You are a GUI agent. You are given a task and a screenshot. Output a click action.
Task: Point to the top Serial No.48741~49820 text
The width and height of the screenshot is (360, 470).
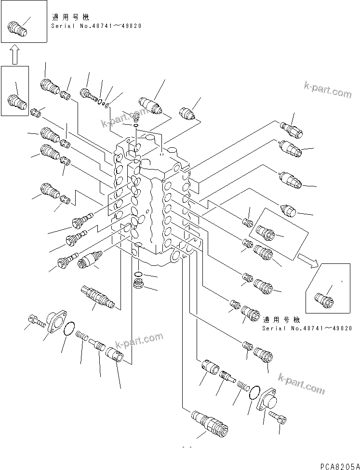click(96, 26)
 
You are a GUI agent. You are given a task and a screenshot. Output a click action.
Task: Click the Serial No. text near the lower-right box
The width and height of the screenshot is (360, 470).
click(307, 328)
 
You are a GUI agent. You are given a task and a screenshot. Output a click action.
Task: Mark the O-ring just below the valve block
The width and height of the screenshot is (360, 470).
click(138, 275)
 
